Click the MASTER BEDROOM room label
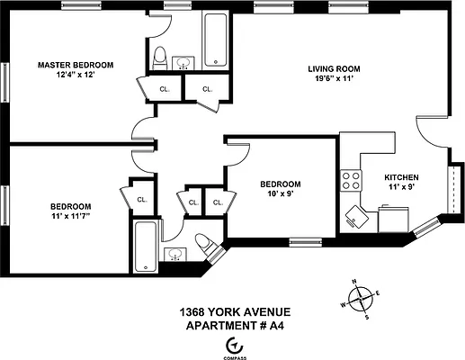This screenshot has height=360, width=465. pyautogui.click(x=76, y=65)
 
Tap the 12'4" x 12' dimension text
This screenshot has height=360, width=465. pyautogui.click(x=76, y=76)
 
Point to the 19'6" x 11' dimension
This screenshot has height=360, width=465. pyautogui.click(x=335, y=80)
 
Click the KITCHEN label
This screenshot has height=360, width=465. pyautogui.click(x=401, y=176)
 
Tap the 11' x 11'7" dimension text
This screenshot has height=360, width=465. pyautogui.click(x=70, y=217)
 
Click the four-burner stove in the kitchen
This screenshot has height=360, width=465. pyautogui.click(x=349, y=180)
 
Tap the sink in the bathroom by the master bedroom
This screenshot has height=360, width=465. pyautogui.click(x=185, y=62)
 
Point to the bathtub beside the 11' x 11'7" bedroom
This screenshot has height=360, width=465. pyautogui.click(x=146, y=247)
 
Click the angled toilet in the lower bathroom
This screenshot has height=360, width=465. pyautogui.click(x=203, y=244)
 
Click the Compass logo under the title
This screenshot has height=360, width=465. pyautogui.click(x=236, y=344)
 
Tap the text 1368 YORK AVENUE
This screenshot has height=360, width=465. pyautogui.click(x=235, y=312)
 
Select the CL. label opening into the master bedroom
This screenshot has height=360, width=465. pyautogui.click(x=165, y=89)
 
